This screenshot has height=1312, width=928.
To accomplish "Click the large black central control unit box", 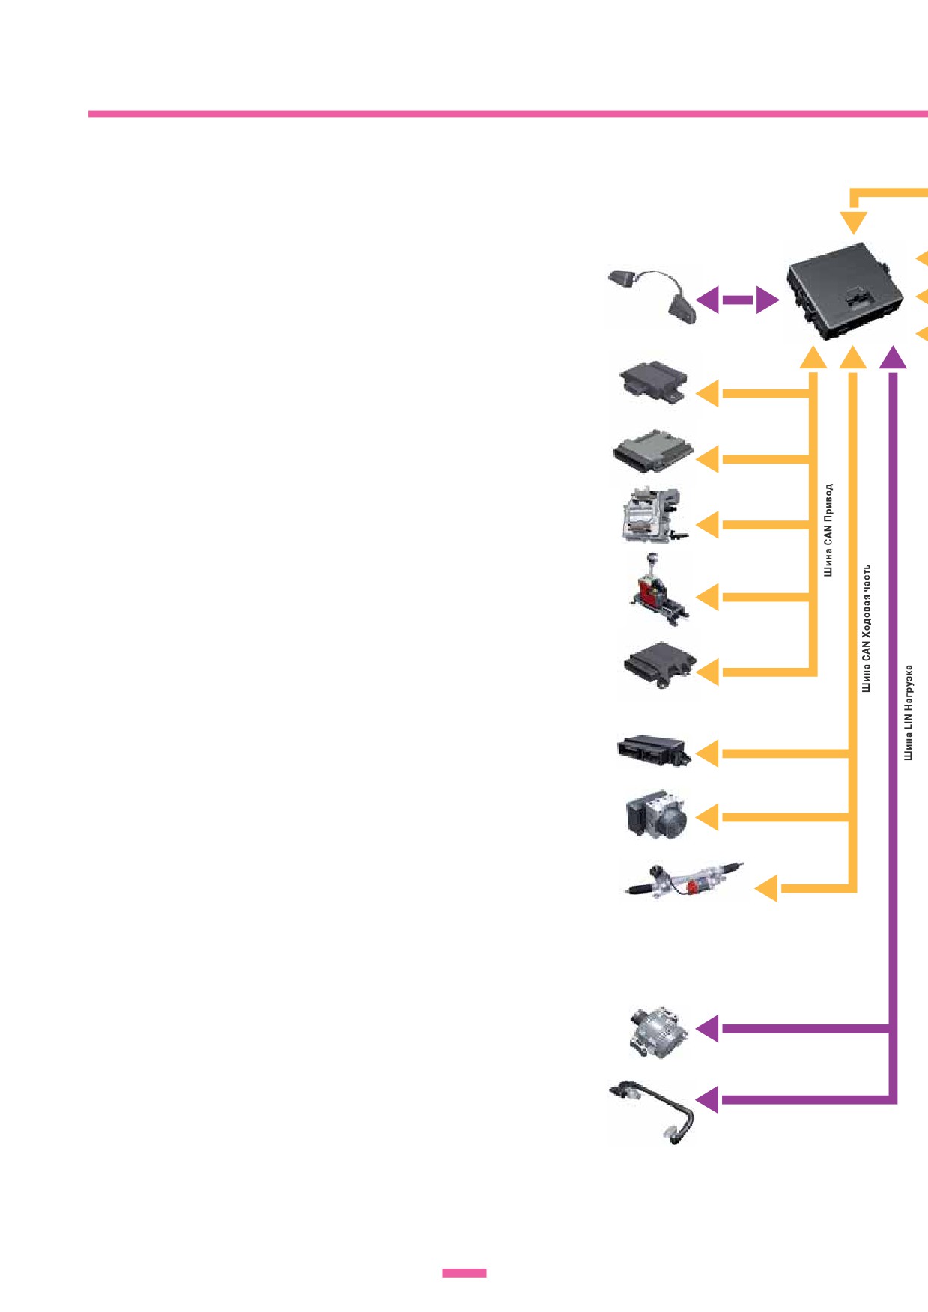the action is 843,293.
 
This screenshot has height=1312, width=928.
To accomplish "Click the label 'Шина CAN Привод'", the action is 828,529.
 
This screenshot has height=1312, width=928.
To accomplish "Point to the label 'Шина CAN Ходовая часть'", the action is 866,628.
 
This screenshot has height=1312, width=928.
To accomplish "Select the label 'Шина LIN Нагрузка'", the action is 908,712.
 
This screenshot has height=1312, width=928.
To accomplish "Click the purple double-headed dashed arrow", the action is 737,300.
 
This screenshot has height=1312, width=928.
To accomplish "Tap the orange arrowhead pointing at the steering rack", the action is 766,889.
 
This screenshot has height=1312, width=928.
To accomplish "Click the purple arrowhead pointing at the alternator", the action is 708,1029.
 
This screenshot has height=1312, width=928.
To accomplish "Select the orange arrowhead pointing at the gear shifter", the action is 708,598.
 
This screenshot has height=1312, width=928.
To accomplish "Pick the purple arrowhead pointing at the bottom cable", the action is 708,1099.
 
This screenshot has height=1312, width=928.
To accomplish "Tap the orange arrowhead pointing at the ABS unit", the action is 708,817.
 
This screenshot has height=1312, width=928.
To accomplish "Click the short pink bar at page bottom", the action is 464,1272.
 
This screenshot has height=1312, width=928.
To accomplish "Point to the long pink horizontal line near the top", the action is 508,114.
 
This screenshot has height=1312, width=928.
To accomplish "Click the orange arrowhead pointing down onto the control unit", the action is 853,222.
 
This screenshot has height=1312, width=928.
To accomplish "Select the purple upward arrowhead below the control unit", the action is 893,358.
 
